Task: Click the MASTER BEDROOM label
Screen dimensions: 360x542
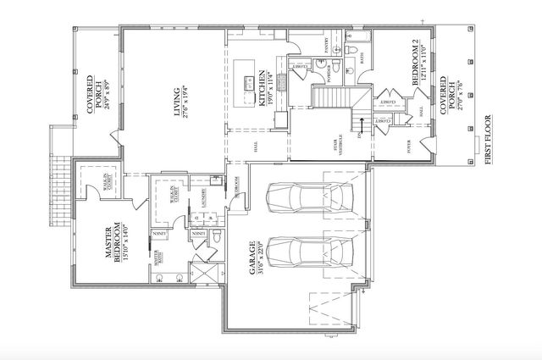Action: click(x=115, y=246)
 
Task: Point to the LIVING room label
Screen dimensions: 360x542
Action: click(x=182, y=101)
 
